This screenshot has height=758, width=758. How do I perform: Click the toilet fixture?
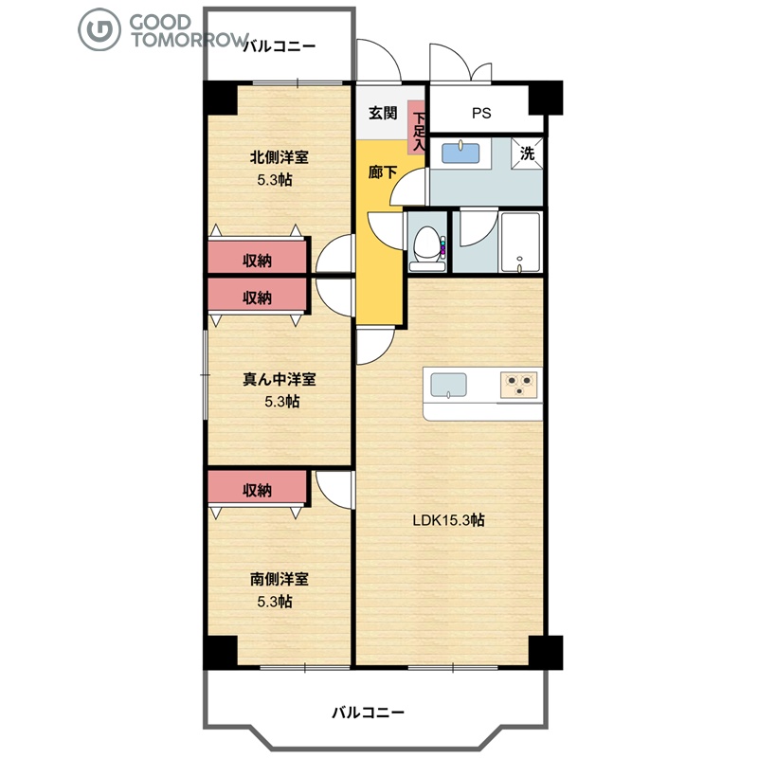tap(427, 248)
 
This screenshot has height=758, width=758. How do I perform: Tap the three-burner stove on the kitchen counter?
tap(518, 386)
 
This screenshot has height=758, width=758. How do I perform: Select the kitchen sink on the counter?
tap(448, 385)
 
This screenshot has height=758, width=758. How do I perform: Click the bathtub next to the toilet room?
tap(520, 242)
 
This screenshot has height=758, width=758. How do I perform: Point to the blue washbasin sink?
tap(461, 153)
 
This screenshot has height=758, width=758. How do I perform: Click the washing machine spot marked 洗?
tap(527, 153)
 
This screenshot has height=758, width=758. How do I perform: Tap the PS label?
tap(481, 113)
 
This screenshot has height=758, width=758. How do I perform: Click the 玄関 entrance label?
tap(383, 113)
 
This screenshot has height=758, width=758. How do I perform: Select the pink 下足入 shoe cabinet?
tap(416, 128)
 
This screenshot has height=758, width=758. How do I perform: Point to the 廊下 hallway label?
tap(383, 172)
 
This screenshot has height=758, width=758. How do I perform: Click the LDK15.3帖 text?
tap(448, 520)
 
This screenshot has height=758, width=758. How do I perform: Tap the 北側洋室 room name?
tap(280, 157)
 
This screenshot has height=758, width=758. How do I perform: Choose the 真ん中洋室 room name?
tap(280, 379)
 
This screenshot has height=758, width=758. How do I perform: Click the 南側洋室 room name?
tap(280, 579)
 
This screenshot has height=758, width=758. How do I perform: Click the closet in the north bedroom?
tap(258, 257)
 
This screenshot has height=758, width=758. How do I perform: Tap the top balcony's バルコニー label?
tap(279, 46)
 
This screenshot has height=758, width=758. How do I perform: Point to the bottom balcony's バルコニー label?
tap(368, 713)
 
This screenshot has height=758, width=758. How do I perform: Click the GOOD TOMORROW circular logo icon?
tap(99, 29)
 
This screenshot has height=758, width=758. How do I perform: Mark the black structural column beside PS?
tap(546, 99)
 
